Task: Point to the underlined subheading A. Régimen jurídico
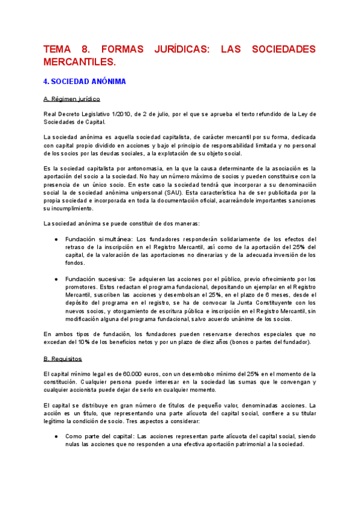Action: [72, 98]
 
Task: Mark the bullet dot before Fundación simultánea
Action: [56, 238]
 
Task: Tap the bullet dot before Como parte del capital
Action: [56, 436]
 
